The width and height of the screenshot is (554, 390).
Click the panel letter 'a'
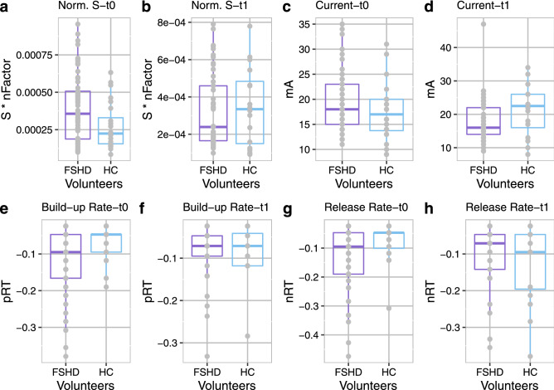tap(6, 7)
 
